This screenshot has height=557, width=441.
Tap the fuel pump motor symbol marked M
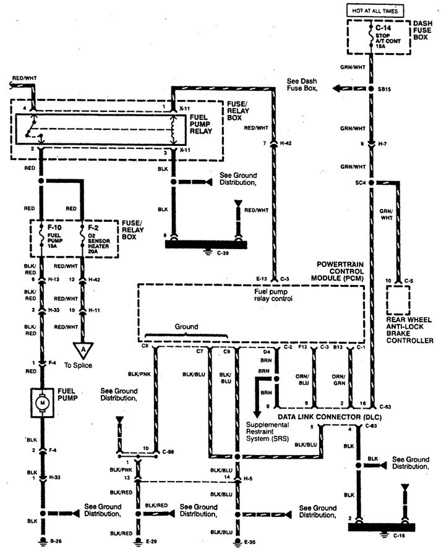pyautogui.click(x=43, y=402)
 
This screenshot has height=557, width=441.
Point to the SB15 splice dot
pyautogui.click(x=371, y=88)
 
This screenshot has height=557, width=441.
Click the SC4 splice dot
pyautogui.click(x=371, y=183)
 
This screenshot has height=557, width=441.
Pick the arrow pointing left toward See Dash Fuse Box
pyautogui.click(x=336, y=88)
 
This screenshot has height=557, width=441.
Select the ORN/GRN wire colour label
pyautogui.click(x=338, y=378)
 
